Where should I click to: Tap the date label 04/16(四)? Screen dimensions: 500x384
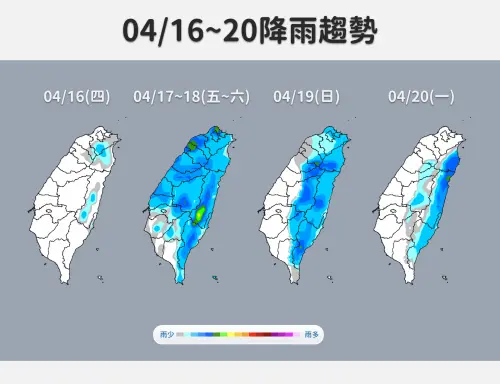77,97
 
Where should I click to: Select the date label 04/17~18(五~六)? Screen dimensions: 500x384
190,97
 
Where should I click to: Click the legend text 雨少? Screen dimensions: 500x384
166,338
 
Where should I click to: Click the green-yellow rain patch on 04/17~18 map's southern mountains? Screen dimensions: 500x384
201,213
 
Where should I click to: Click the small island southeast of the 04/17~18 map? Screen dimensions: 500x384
215,279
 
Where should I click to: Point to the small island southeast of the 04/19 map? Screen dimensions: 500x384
330,279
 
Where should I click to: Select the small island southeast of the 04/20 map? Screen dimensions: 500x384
443,279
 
